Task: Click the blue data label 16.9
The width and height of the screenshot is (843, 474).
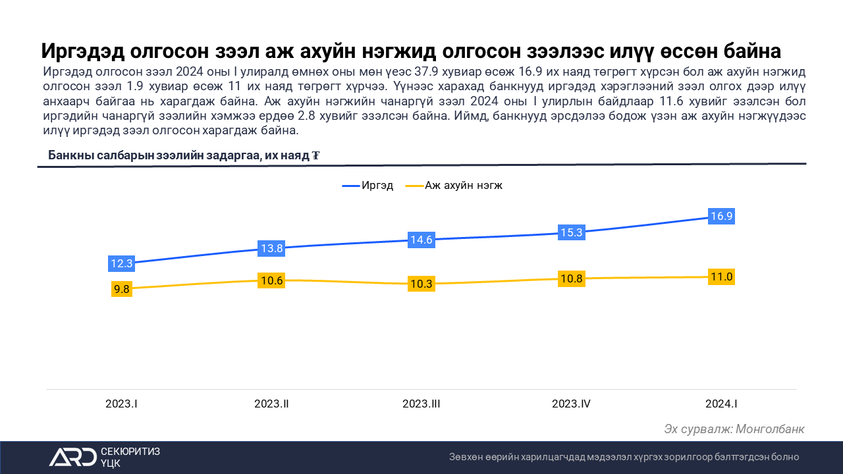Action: click(721, 216)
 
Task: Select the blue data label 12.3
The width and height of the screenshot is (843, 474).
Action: click(122, 263)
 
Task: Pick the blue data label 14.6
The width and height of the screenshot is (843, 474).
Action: click(421, 240)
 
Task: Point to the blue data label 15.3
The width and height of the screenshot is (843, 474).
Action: click(571, 232)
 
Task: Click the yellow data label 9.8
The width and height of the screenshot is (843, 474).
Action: click(122, 288)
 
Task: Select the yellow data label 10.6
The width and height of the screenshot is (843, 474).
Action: click(271, 280)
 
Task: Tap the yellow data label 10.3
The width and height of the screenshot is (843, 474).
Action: click(421, 284)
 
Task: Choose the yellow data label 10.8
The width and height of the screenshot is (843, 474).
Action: click(571, 278)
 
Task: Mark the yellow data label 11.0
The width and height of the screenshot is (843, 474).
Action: click(721, 276)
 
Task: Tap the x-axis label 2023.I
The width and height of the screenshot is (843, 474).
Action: click(122, 404)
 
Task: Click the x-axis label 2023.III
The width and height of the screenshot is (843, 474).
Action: click(421, 404)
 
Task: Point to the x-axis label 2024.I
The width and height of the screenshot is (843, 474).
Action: click(721, 404)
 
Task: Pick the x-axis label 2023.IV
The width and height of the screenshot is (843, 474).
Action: click(571, 404)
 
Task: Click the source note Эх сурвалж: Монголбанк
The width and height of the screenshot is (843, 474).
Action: click(734, 429)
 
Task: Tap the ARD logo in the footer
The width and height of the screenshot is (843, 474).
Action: click(72, 456)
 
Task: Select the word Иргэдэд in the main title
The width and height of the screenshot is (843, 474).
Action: click(84, 51)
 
